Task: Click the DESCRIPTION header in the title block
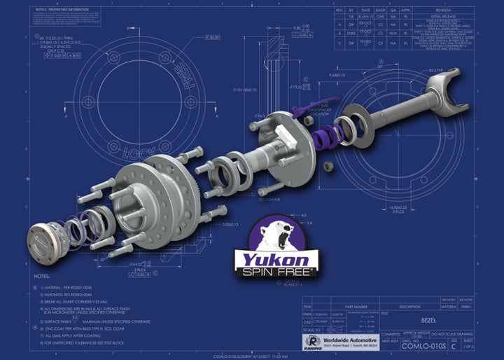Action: pyautogui.click(x=414, y=305)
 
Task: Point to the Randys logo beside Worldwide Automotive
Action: pyautogui.click(x=311, y=341)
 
